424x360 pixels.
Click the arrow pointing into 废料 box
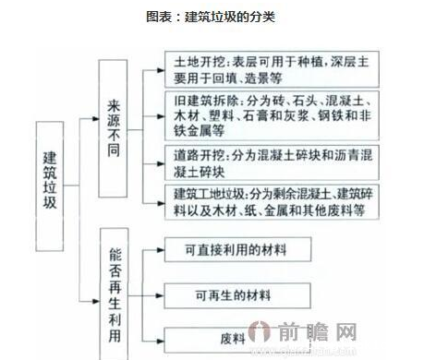coord(162,339)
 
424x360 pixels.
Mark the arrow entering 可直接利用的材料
coord(162,251)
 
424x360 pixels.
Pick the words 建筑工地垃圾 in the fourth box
coord(206,195)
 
